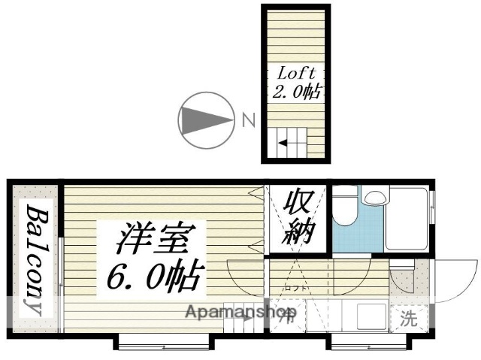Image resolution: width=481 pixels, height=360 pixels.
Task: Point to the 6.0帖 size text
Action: pos(156,277)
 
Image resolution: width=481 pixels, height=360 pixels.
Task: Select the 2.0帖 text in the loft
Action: pos(296,92)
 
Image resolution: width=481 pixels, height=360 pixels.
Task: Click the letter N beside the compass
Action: pos(248,119)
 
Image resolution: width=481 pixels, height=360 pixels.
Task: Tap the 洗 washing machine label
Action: pos(407,318)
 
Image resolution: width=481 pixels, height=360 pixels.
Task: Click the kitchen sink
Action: pos(370,316)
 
